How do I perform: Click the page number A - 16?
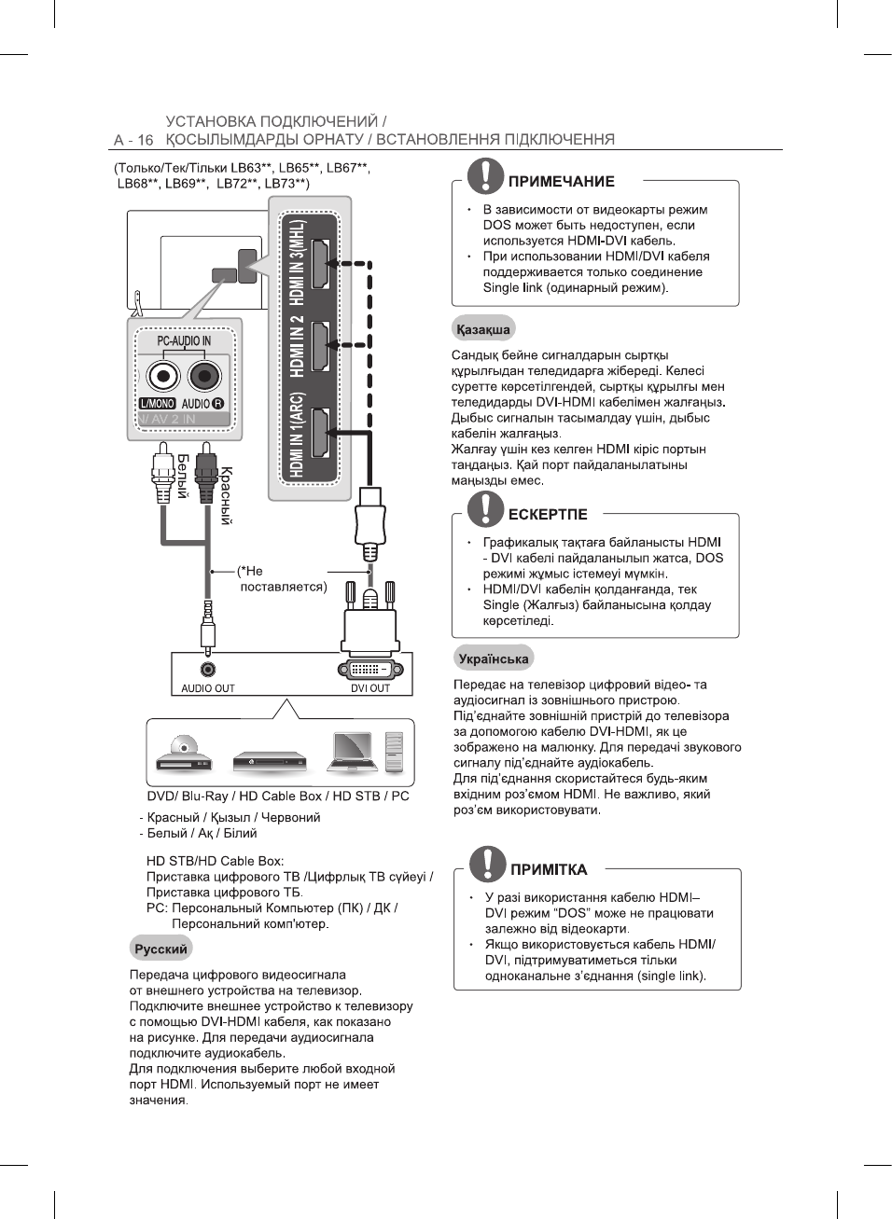tap(133, 140)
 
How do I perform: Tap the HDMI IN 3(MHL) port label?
tap(296, 263)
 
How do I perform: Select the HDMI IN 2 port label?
tap(296, 345)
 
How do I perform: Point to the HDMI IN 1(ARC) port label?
tap(296, 435)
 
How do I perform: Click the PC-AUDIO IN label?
tap(184, 341)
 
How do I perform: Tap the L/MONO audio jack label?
tap(157, 404)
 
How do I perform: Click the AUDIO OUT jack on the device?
tap(208, 669)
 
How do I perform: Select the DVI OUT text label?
tap(370, 688)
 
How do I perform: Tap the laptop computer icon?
tap(354, 752)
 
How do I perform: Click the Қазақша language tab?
tap(483, 329)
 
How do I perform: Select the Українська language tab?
tap(494, 658)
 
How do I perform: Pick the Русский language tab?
tap(160, 949)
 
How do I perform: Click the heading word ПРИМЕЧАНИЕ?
tap(561, 182)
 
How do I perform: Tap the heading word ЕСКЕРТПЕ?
tap(548, 514)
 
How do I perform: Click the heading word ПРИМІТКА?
tap(549, 869)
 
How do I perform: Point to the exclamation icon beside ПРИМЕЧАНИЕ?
tap(485, 175)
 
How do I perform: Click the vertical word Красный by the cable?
tap(226, 495)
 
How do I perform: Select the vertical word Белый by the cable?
tap(183, 476)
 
